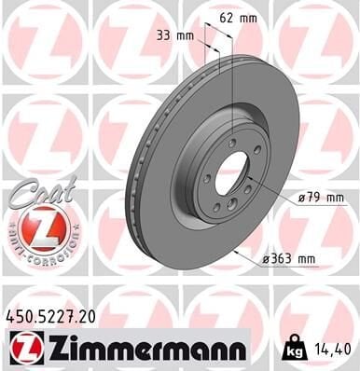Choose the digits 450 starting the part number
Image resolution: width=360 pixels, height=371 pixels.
coord(19,317)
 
